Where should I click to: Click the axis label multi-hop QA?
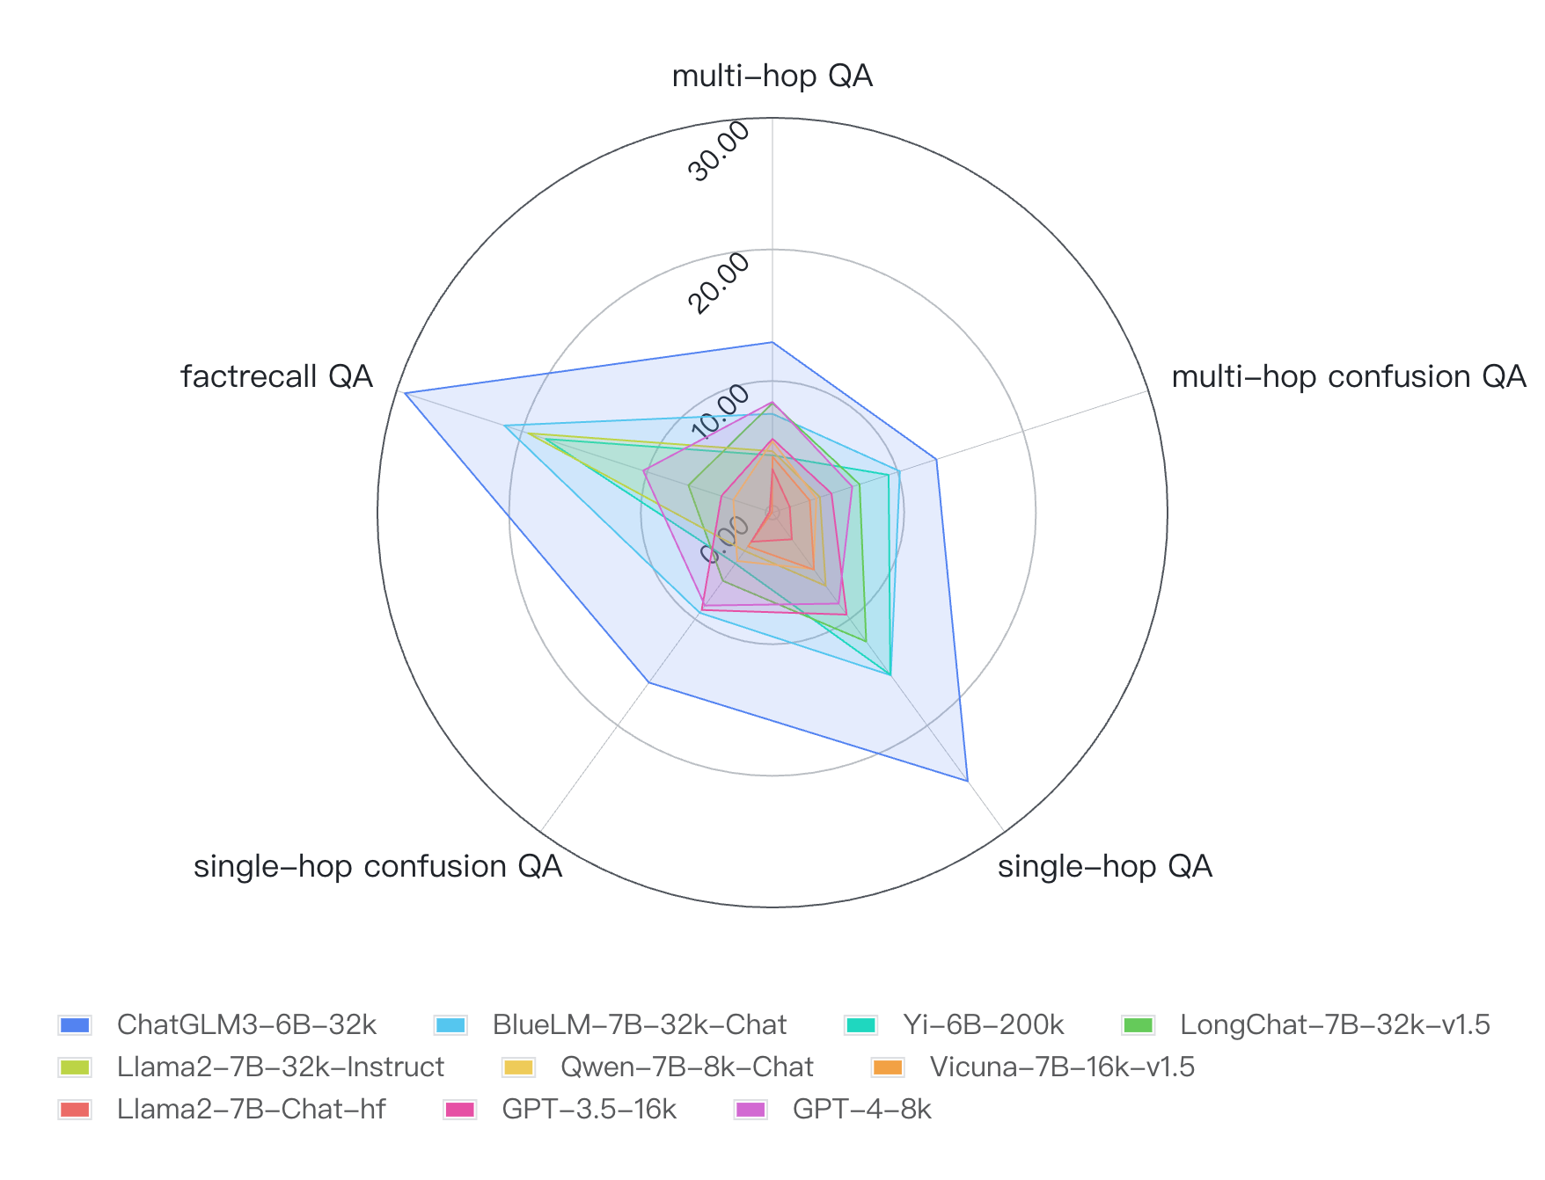pos(772,76)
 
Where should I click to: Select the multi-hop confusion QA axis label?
pos(1348,376)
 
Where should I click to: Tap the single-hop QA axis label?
pos(1104,866)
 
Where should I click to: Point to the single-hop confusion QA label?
pos(377,866)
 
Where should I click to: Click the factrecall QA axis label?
pos(276,376)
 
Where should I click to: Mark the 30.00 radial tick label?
pos(719,151)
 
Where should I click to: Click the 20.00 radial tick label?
pos(719,282)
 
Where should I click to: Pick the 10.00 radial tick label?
pos(719,413)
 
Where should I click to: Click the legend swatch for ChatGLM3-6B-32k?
pos(75,1025)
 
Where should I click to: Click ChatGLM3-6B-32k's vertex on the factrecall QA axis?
pos(404,393)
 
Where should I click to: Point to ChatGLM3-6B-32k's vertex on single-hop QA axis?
pos(967,780)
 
